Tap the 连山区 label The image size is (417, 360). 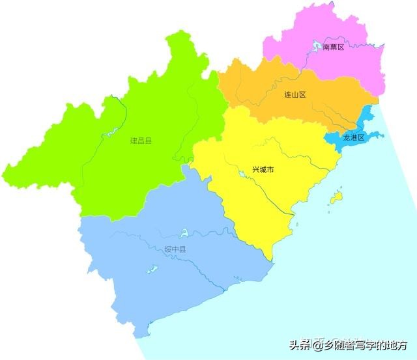295,94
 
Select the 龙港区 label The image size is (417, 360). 353,137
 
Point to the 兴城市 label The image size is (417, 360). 263,170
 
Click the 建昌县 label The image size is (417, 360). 140,140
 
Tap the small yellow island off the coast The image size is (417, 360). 336,196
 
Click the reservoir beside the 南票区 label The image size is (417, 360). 317,46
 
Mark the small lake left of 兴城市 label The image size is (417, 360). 240,173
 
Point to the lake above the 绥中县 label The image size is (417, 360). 184,232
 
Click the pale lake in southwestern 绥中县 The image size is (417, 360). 151,269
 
